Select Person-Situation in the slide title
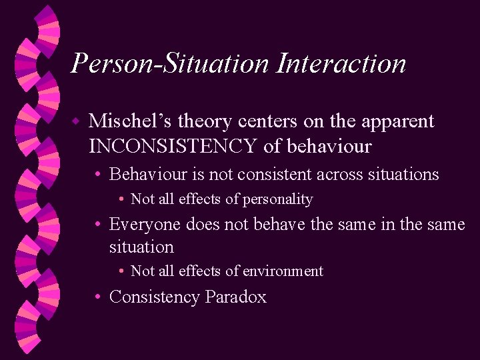169,64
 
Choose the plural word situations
403,175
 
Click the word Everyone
145,224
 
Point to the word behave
280,224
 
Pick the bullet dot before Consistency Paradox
98,297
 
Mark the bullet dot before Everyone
98,225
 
